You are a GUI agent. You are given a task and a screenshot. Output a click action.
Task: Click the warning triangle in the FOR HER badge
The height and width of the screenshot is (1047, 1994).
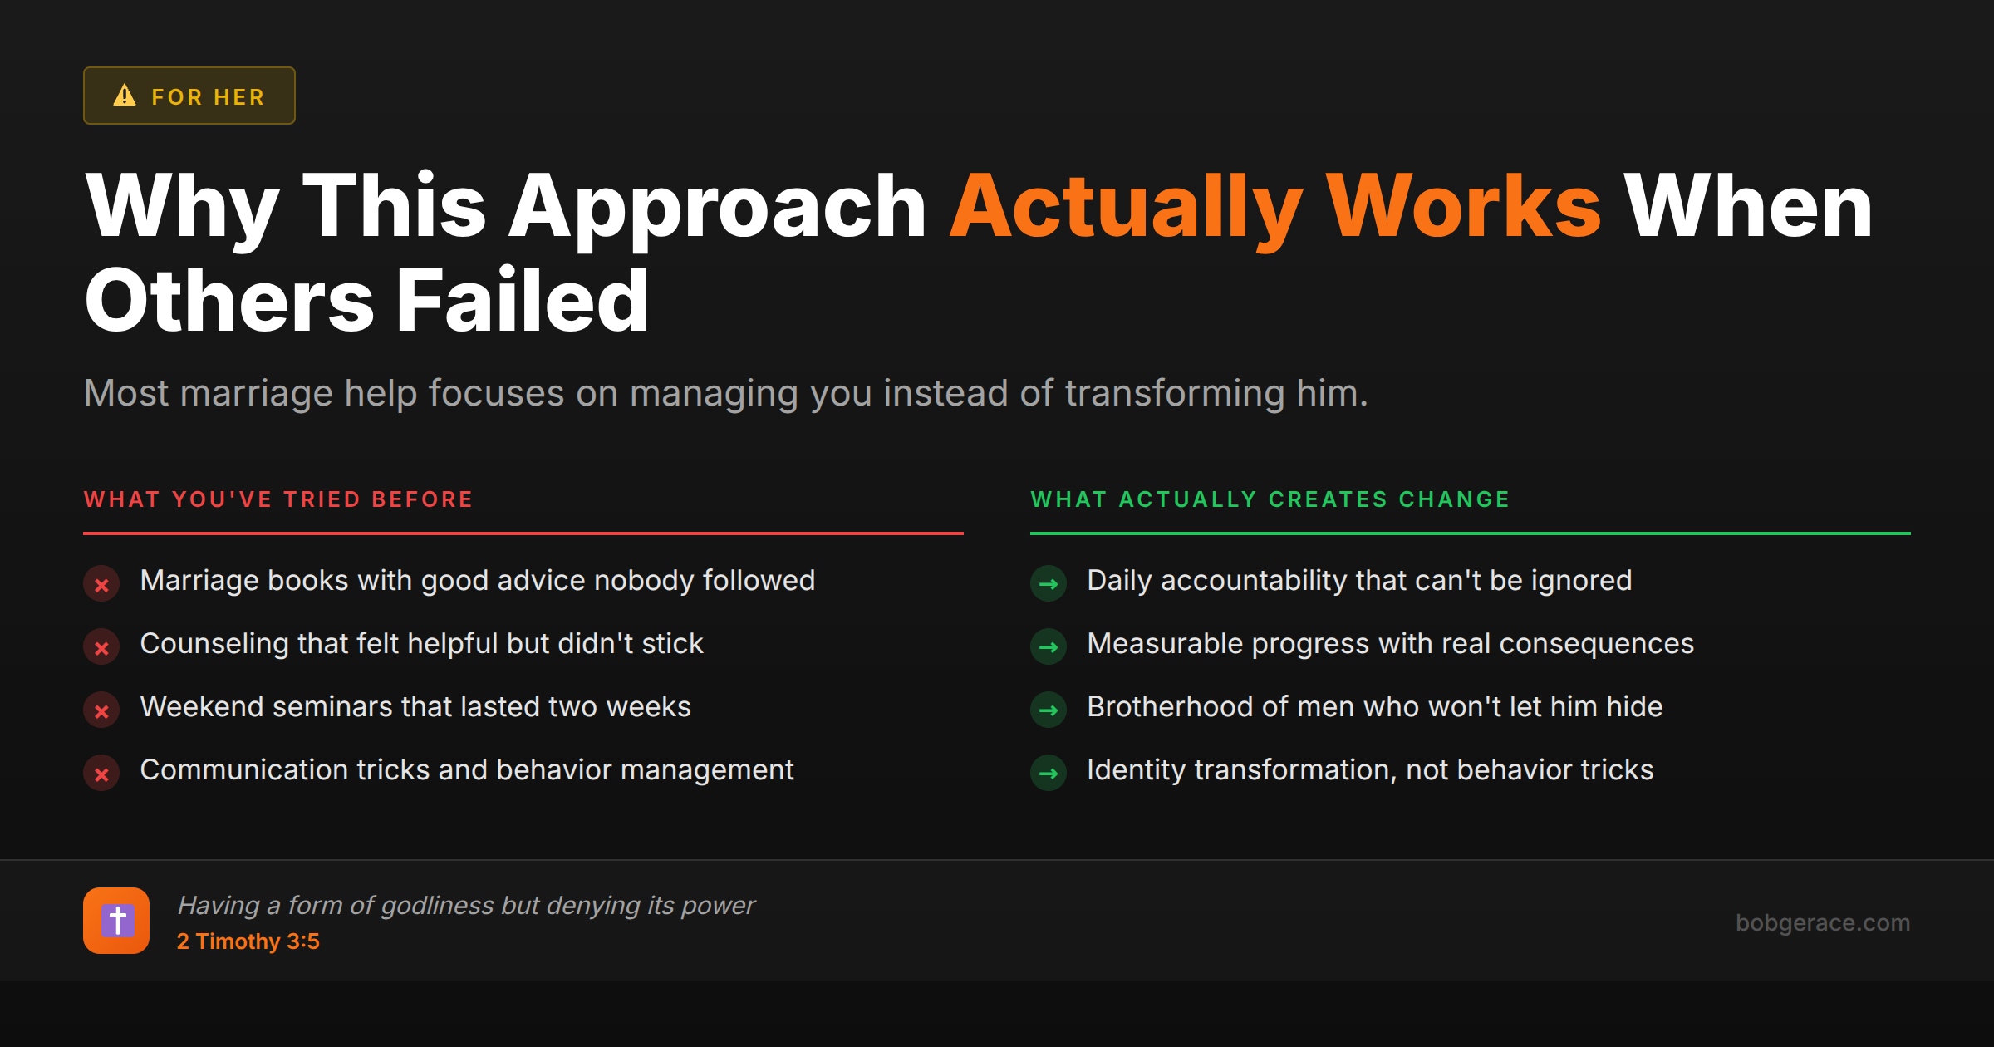pyautogui.click(x=125, y=96)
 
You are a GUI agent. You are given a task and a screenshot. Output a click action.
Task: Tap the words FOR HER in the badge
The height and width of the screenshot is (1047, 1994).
pyautogui.click(x=208, y=97)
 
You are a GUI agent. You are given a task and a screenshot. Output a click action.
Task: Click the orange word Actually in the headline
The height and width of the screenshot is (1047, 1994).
pyautogui.click(x=1126, y=208)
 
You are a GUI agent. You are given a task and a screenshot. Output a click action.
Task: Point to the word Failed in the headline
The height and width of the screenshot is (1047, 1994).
pyautogui.click(x=522, y=301)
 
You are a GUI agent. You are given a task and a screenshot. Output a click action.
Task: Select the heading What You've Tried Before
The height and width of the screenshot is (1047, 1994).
pyautogui.click(x=278, y=499)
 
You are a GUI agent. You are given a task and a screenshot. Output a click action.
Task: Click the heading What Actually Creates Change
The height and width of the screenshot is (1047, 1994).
pyautogui.click(x=1270, y=499)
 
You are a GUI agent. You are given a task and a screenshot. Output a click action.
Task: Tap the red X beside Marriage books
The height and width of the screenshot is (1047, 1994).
pyautogui.click(x=101, y=584)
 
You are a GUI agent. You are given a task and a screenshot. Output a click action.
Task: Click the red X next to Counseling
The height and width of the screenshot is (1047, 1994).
pyautogui.click(x=101, y=647)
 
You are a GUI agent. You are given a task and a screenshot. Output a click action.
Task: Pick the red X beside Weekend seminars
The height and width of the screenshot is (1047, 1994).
pyautogui.click(x=101, y=710)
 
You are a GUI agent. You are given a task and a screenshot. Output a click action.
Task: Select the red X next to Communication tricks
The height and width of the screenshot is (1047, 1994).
pyautogui.click(x=101, y=774)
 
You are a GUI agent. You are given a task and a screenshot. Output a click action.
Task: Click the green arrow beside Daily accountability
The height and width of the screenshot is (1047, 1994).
pyautogui.click(x=1049, y=584)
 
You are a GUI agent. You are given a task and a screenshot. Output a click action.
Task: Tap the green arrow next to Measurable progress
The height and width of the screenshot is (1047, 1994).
pyautogui.click(x=1049, y=647)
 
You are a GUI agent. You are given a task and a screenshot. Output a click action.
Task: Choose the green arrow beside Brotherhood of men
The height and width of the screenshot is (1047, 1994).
pyautogui.click(x=1049, y=710)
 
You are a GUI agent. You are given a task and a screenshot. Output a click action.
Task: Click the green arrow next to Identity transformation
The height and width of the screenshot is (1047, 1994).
pyautogui.click(x=1049, y=774)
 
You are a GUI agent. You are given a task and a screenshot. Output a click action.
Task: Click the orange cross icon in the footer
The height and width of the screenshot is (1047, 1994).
pyautogui.click(x=116, y=921)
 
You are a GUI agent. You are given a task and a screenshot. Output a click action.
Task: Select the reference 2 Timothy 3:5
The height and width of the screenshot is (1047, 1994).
pyautogui.click(x=248, y=941)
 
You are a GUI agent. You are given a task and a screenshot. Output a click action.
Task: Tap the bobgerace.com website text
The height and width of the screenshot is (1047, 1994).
pyautogui.click(x=1822, y=922)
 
